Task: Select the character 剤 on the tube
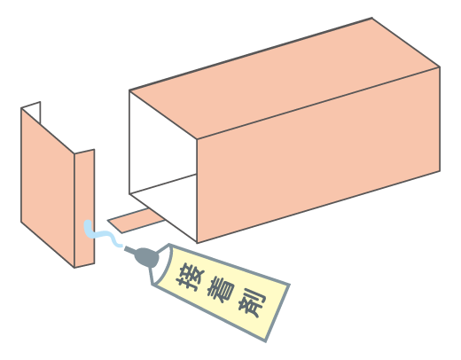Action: pyautogui.click(x=252, y=303)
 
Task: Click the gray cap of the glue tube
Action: pyautogui.click(x=147, y=257)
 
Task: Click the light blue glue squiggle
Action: pyautogui.click(x=101, y=234)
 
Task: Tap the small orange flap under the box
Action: pyautogui.click(x=136, y=221)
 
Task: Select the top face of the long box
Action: pyautogui.click(x=285, y=78)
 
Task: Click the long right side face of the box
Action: pyautogui.click(x=318, y=155)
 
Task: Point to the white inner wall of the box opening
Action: pyautogui.click(x=163, y=142)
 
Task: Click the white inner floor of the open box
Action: pyautogui.click(x=163, y=204)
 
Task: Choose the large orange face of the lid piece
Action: pyautogui.click(x=48, y=187)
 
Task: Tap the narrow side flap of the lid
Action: pyautogui.click(x=84, y=208)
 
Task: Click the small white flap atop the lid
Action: pyautogui.click(x=31, y=112)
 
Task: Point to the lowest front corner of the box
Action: pyautogui.click(x=197, y=243)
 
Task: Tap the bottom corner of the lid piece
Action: pyautogui.click(x=74, y=268)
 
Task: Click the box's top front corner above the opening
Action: pyautogui.click(x=197, y=138)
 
